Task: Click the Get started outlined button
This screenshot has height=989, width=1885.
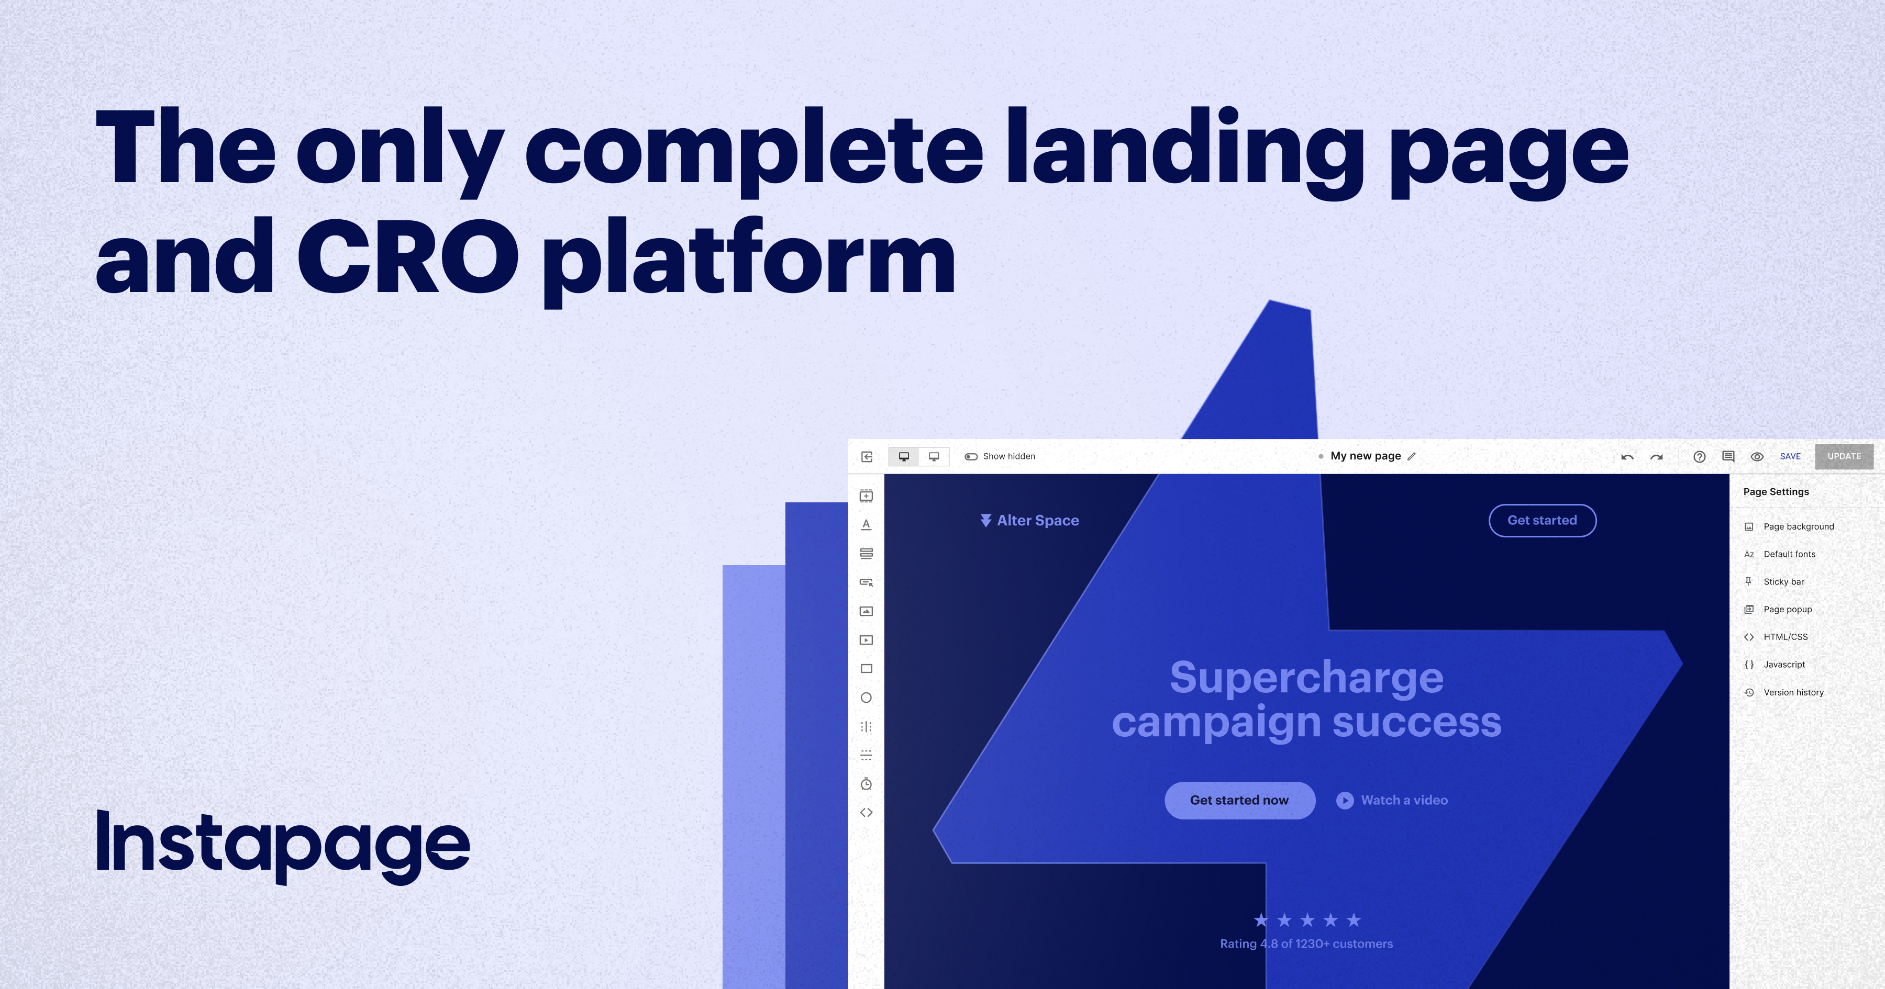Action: tap(1543, 520)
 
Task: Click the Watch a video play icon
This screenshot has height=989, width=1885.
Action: tap(1345, 800)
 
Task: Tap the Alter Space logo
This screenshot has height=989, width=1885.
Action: tap(1029, 520)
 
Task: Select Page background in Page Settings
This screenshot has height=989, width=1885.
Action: tap(1799, 527)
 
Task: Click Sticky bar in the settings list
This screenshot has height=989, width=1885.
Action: tap(1783, 581)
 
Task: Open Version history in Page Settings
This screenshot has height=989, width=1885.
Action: tap(1793, 692)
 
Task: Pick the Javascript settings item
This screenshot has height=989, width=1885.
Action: tap(1784, 664)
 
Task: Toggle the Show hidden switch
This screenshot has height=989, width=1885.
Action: tap(971, 456)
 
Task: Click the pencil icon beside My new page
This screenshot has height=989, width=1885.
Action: tap(1412, 456)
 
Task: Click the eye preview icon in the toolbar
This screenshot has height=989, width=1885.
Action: tap(1757, 456)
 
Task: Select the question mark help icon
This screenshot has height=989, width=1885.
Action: tap(1700, 456)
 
